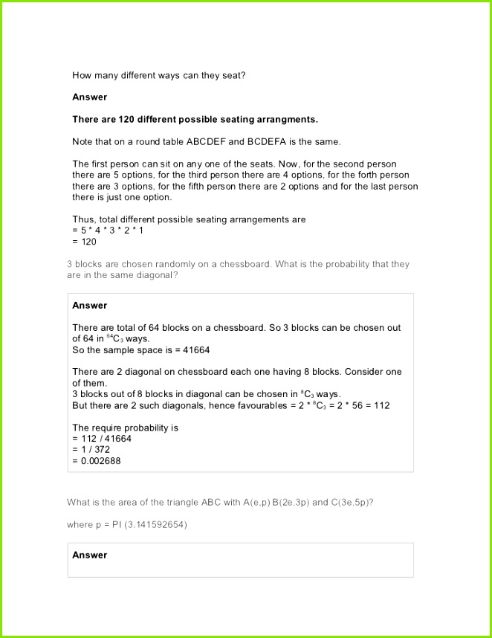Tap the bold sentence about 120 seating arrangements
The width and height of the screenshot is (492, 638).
(195, 119)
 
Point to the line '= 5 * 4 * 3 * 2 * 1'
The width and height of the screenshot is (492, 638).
(108, 231)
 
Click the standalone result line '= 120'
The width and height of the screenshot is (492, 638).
(85, 242)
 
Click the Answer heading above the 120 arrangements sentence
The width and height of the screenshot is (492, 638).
(89, 97)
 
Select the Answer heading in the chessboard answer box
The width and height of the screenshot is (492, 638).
(89, 306)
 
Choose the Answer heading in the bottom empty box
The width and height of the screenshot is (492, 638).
(89, 555)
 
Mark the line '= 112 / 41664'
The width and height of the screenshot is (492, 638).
(105, 439)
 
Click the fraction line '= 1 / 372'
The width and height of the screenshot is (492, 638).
(95, 450)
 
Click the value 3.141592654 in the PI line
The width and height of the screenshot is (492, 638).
(158, 525)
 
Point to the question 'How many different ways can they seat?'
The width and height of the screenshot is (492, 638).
(159, 74)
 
